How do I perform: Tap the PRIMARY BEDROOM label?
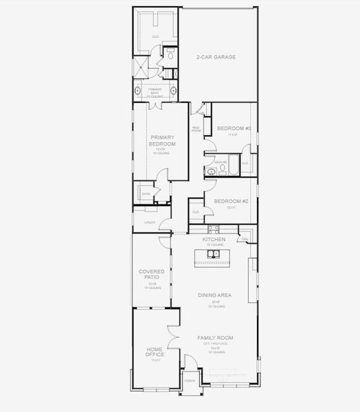point(163,141)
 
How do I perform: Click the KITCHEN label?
point(214,240)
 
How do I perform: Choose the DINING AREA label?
point(214,295)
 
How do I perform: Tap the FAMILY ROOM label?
point(215,338)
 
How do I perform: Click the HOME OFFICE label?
point(155,352)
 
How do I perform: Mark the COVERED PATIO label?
point(152,274)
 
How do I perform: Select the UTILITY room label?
point(150,222)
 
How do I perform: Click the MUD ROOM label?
point(196,128)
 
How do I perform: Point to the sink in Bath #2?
point(212,172)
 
